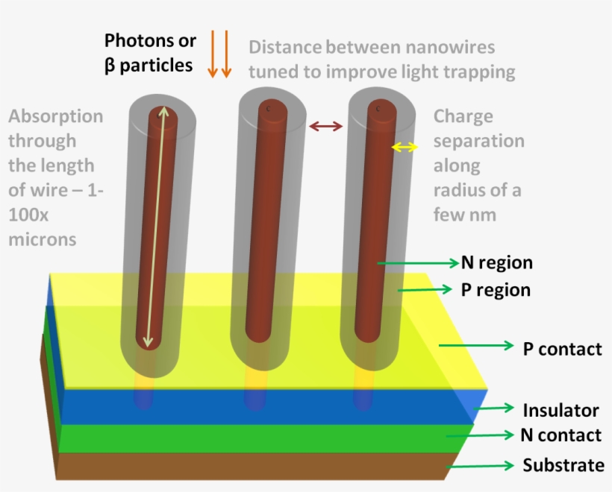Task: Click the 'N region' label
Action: (496, 262)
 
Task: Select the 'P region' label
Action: (495, 290)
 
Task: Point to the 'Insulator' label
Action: (561, 409)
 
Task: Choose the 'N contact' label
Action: (561, 435)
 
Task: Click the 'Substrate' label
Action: (563, 465)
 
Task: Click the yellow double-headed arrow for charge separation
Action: (405, 148)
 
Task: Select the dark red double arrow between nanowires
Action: (326, 126)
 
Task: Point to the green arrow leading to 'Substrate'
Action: (481, 466)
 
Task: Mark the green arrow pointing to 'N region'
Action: (418, 262)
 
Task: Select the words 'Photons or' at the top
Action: (150, 40)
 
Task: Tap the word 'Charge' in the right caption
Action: (463, 116)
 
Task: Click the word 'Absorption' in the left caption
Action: (56, 116)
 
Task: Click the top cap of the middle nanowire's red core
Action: (271, 107)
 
